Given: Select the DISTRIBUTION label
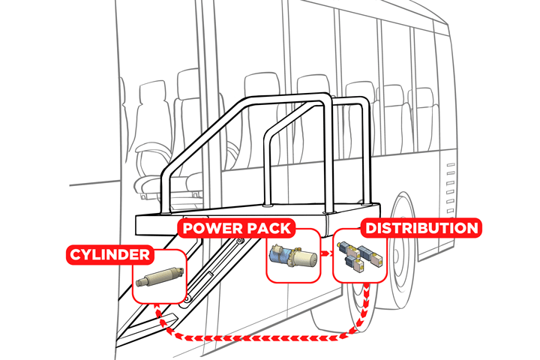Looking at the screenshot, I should point(419,227).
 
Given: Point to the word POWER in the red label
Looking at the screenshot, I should point(211,227).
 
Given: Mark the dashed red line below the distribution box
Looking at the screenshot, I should point(364,307).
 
